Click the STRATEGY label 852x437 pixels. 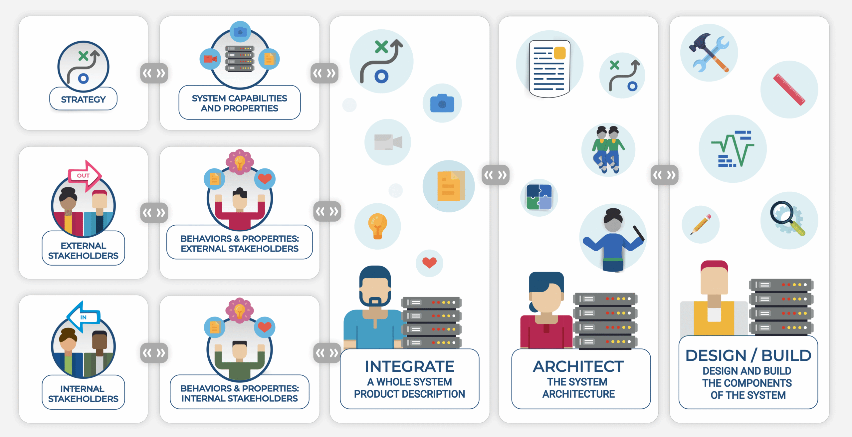coord(83,99)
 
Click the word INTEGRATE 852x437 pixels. coord(409,366)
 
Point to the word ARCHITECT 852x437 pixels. coord(578,366)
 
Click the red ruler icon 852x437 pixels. coord(789,90)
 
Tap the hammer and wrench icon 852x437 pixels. coord(709,53)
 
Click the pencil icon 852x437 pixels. coord(701,224)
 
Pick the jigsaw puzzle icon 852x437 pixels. coord(539,197)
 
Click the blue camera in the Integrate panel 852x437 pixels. coord(442,103)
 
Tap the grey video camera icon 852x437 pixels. coord(388,142)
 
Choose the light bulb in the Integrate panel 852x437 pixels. coord(377,226)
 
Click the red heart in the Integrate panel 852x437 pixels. coord(429,263)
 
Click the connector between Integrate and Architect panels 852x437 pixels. coord(496,175)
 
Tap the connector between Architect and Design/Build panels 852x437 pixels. coord(664,175)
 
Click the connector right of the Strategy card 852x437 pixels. coord(154,73)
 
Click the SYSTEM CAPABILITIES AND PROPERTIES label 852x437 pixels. coord(239,103)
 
